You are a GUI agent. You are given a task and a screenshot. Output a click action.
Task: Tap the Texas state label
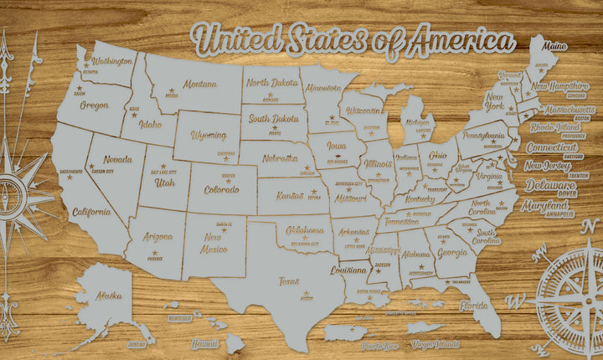[x=289, y=281]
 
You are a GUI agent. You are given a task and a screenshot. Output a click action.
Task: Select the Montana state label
[x=200, y=84]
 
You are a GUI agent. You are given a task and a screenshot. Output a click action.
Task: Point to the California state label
[x=91, y=212]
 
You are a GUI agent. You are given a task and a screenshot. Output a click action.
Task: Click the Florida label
[x=473, y=306]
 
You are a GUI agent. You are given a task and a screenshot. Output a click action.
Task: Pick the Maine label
[x=554, y=46]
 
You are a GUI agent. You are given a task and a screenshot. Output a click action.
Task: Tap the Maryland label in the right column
[x=544, y=205]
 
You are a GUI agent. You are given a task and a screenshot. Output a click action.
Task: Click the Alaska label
[x=108, y=295]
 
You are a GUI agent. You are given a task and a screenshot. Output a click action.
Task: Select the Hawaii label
[x=204, y=343]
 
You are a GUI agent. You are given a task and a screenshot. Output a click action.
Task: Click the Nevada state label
[x=117, y=159]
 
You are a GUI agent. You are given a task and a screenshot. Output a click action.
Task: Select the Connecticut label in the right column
[x=553, y=147]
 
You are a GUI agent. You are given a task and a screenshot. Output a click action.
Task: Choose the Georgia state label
[x=452, y=252]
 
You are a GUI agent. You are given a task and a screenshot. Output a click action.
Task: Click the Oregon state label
[x=94, y=105]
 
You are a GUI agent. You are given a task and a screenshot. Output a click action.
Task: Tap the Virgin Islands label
[x=435, y=344]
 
